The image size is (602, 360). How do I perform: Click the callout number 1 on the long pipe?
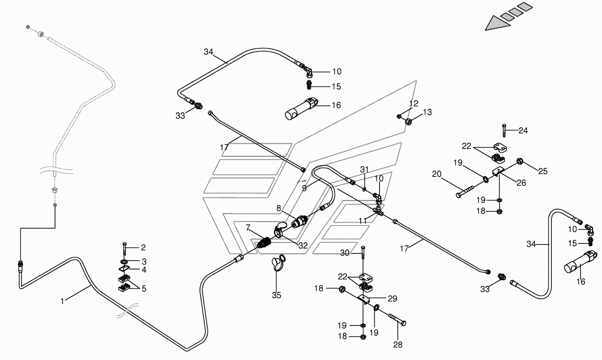[x=62, y=301]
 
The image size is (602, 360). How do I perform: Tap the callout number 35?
[x=277, y=295]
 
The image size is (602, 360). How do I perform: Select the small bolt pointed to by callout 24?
[x=504, y=130]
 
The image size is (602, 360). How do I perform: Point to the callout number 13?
[x=427, y=112]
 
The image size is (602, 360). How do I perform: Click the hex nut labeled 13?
[x=409, y=121]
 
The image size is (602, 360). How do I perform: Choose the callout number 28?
[x=398, y=345]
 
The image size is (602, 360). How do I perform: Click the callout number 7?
[x=248, y=228]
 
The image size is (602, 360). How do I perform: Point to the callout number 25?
[x=543, y=171]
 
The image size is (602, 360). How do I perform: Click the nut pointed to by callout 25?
[x=520, y=161]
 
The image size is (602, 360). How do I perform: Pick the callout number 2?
[x=143, y=247]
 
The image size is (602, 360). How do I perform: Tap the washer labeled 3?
[x=124, y=261]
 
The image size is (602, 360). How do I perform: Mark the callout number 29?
[x=393, y=299]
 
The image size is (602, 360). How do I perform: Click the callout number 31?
[x=364, y=170]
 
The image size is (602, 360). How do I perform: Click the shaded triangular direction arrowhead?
[x=497, y=23]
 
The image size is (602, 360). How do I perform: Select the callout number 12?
[x=414, y=103]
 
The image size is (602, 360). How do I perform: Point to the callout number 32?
[x=303, y=245]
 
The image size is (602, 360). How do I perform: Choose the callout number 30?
[x=345, y=253]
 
